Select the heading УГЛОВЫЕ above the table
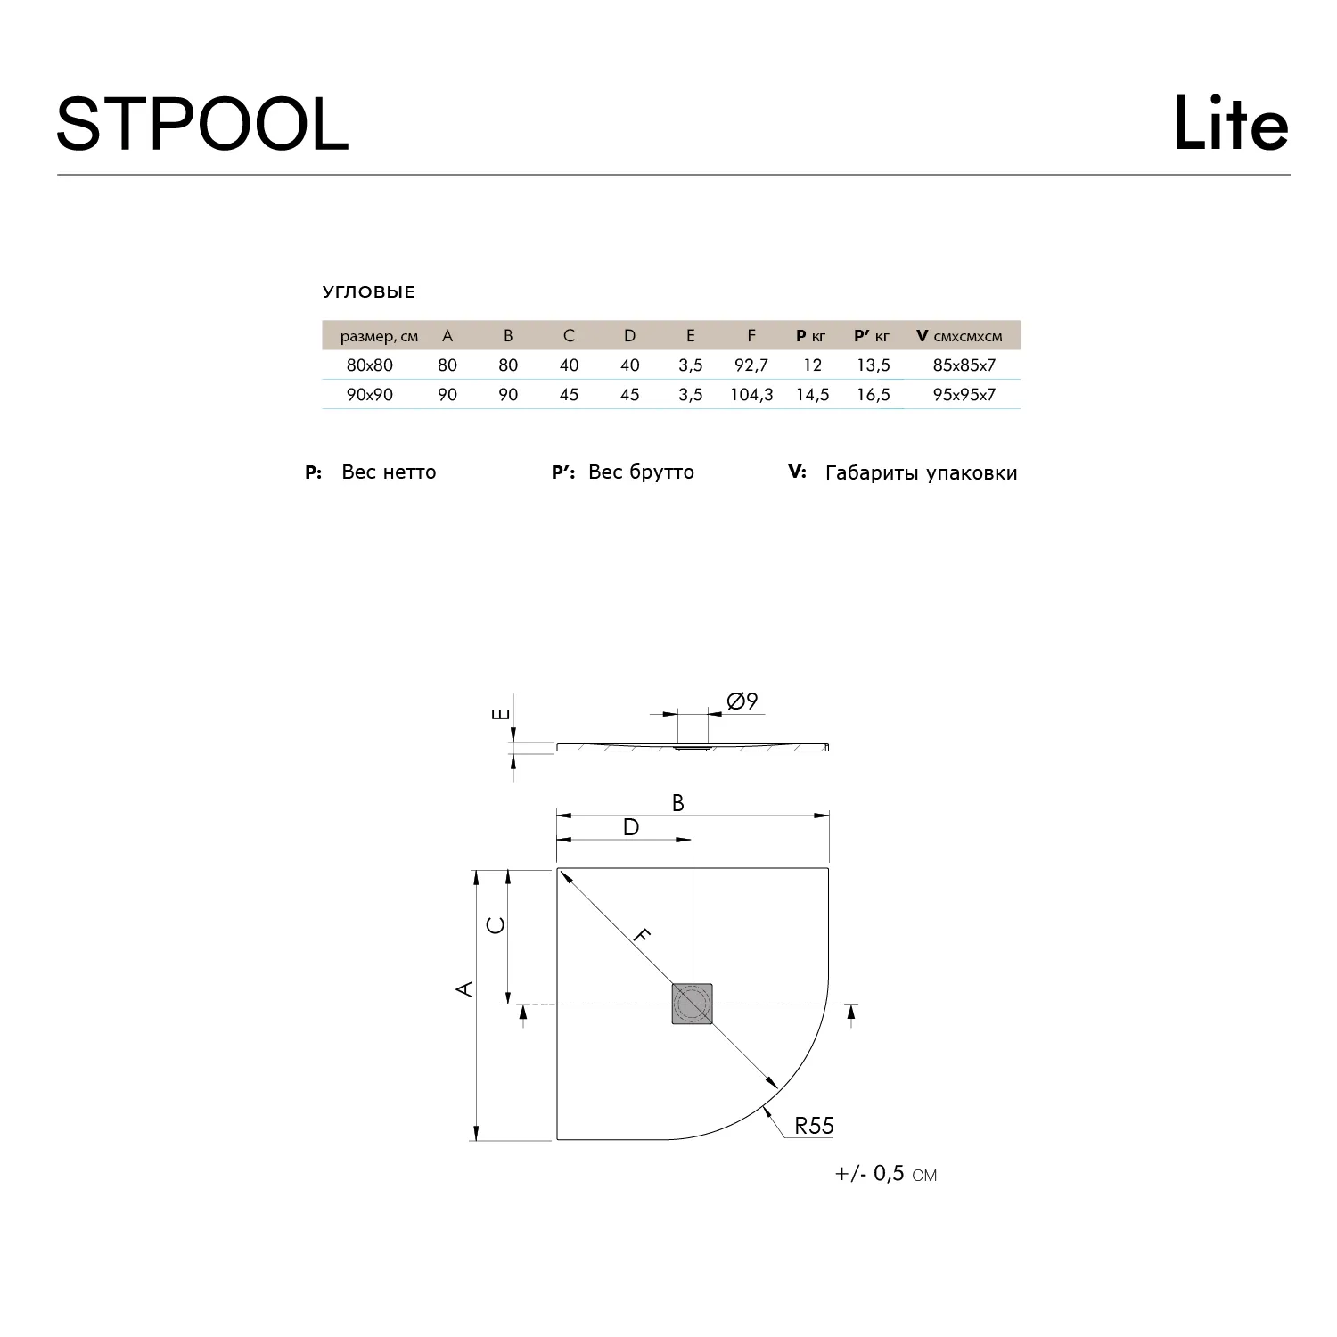[x=369, y=292]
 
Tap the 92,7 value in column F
[x=751, y=365]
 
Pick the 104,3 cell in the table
[x=751, y=394]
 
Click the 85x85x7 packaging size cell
[x=964, y=365]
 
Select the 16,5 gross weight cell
[x=874, y=394]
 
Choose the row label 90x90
[x=370, y=394]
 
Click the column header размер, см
[x=380, y=336]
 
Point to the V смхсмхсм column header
[x=959, y=336]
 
